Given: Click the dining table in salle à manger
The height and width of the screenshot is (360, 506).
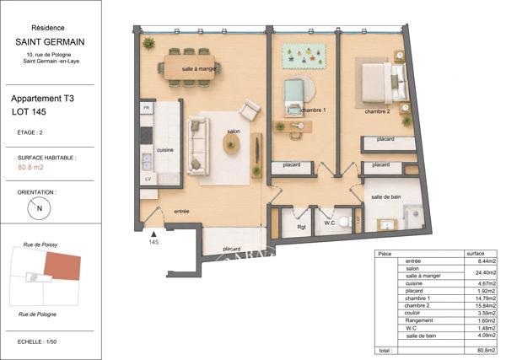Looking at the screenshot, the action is pos(190,67).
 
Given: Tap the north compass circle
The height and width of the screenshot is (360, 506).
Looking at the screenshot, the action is pos(39,208).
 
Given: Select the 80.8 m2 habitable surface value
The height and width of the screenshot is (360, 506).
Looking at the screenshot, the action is pos(30,167).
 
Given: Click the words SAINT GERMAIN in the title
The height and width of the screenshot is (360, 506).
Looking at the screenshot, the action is pos(50,42).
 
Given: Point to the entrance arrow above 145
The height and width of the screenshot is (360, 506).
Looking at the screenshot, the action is pos(154,234).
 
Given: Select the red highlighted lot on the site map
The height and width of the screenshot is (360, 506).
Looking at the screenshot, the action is pos(62,266).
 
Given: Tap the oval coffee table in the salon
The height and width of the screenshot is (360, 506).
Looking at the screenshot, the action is pos(231,143).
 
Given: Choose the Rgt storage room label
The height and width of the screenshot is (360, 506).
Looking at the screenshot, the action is pos(301,227).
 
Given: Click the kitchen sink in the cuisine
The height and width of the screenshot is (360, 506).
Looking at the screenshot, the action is pos(147,161).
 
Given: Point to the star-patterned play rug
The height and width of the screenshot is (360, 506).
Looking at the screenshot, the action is pos(304,56).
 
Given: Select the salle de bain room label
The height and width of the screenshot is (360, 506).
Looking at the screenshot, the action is pos(386,196).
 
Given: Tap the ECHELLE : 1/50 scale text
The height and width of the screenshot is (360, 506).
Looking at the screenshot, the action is pos(37,341).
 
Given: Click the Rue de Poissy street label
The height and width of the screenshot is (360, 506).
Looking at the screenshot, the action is pos(40,244).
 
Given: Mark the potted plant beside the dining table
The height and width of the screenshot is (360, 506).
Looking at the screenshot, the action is pos(148,43).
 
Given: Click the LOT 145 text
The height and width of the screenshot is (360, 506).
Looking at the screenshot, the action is pos(29,112).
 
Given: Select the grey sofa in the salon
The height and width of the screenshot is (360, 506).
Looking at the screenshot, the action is pos(198,146).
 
